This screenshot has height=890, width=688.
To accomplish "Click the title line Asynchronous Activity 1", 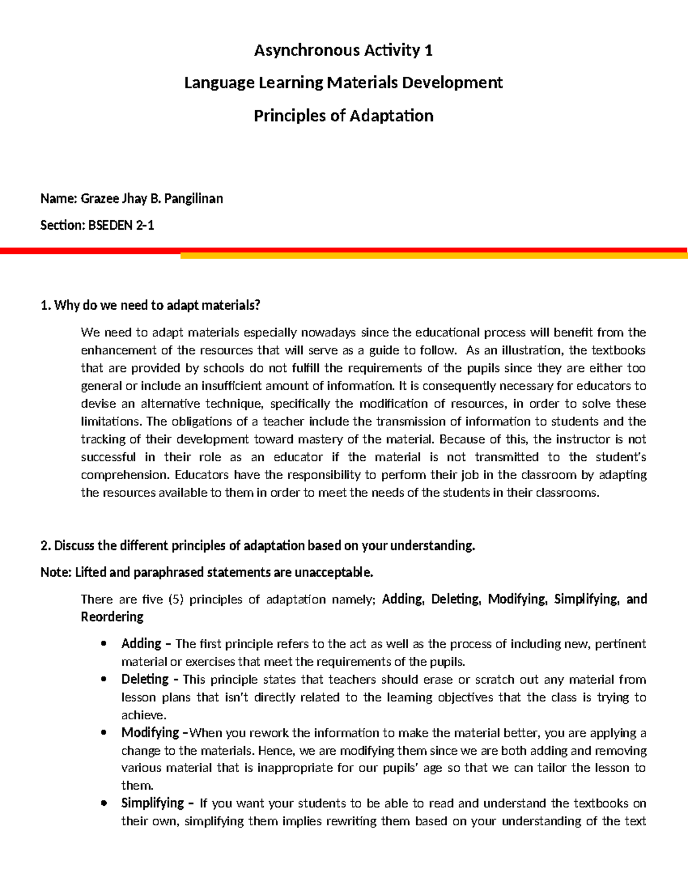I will point(343,50).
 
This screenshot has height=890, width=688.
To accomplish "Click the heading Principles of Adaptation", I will point(343,116).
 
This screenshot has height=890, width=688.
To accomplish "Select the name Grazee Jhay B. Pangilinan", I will point(152,199).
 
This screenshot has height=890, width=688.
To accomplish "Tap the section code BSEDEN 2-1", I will point(120,225).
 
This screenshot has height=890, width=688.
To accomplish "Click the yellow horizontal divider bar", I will point(433,256).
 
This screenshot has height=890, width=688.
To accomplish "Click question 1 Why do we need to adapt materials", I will point(150,305).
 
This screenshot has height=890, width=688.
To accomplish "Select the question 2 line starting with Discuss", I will point(258,546).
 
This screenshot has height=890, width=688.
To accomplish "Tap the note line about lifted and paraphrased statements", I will point(207,572).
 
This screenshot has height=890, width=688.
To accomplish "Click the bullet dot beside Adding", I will point(103,644).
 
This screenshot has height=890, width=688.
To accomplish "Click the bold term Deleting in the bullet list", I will point(144,679).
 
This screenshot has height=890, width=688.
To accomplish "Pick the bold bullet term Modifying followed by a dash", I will point(154,732).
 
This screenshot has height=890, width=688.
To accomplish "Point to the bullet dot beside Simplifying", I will point(103,803).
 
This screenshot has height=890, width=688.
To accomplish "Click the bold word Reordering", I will point(112,617).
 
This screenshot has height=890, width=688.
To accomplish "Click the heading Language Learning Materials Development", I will point(343,83).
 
